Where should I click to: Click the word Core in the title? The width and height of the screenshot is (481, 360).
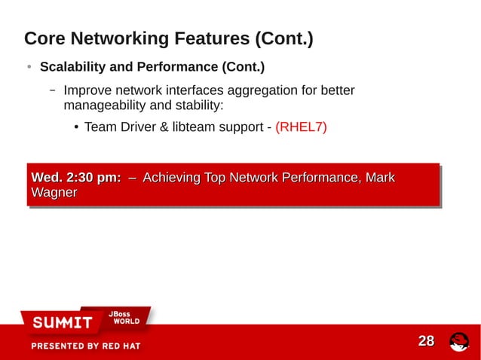[45, 38]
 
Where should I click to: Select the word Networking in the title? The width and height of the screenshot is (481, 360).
[118, 38]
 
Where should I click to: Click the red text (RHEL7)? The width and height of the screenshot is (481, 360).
[301, 127]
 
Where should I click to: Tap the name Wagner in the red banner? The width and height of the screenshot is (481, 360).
[54, 193]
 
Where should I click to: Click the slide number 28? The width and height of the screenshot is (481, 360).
[426, 341]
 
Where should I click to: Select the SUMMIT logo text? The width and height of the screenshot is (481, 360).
[62, 323]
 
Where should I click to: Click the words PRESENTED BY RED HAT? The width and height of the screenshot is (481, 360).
[85, 346]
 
